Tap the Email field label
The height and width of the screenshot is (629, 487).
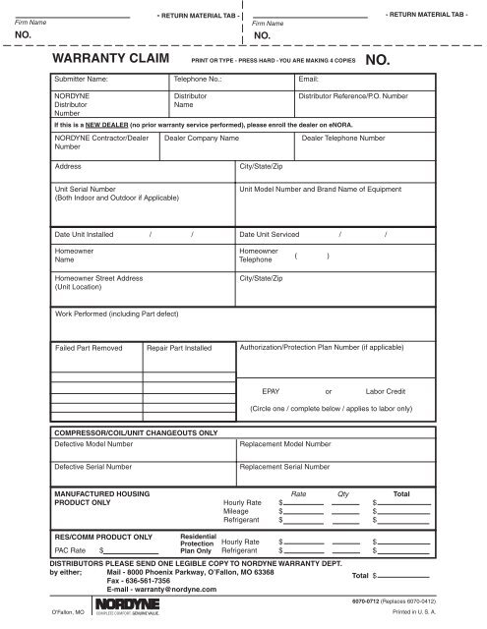coord(309,77)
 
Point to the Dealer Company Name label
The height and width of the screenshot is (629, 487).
coord(202,141)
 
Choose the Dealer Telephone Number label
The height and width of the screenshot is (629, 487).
coord(343,141)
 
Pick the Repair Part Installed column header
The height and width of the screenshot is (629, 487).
coord(179,348)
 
